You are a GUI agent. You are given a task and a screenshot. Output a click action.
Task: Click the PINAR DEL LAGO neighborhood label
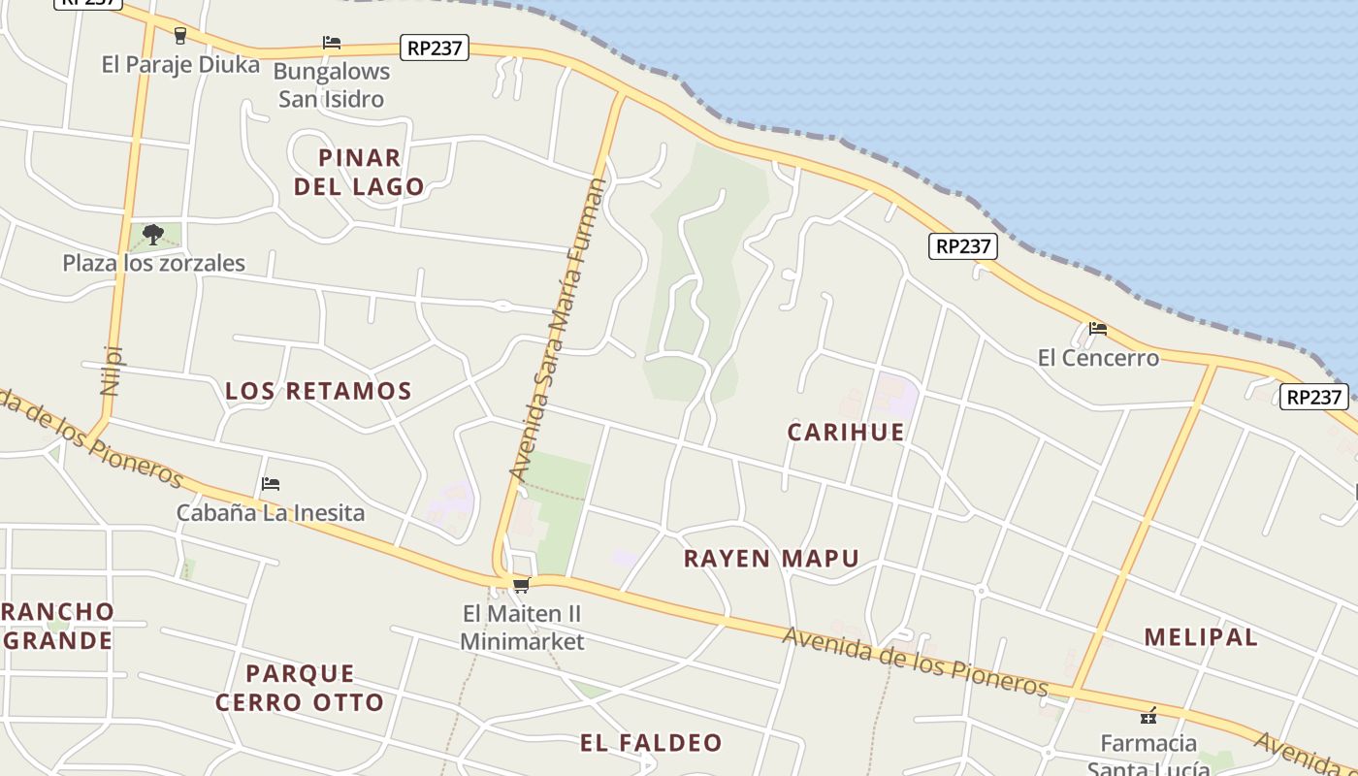click(359, 172)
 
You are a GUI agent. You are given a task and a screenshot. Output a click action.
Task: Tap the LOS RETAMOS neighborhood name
click(318, 391)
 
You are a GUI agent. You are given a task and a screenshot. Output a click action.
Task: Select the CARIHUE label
click(846, 432)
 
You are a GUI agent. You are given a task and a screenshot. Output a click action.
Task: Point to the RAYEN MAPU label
click(771, 559)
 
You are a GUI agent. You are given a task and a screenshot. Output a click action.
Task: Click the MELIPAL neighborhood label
click(1201, 637)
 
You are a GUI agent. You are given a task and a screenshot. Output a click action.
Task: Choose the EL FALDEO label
click(652, 743)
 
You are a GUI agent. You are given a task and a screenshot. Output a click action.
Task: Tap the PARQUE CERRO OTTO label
click(300, 688)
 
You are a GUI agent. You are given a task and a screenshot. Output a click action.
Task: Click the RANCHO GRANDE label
click(58, 627)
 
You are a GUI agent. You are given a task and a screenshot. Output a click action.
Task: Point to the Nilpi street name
click(113, 371)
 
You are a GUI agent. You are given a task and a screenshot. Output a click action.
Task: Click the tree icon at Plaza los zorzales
click(152, 234)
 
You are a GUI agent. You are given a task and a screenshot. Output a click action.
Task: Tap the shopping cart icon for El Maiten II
click(521, 585)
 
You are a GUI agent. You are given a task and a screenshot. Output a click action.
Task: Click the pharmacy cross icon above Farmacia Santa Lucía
click(1148, 717)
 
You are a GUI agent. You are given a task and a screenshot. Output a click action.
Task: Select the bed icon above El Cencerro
click(1098, 329)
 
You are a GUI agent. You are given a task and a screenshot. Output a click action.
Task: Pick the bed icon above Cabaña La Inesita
click(271, 483)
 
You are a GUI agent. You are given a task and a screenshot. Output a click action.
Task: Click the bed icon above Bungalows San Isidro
click(332, 43)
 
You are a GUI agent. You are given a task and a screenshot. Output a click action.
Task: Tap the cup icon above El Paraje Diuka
click(179, 36)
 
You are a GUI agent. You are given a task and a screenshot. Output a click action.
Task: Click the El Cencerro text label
click(1098, 358)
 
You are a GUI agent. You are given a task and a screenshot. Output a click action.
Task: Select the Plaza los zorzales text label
click(154, 263)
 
